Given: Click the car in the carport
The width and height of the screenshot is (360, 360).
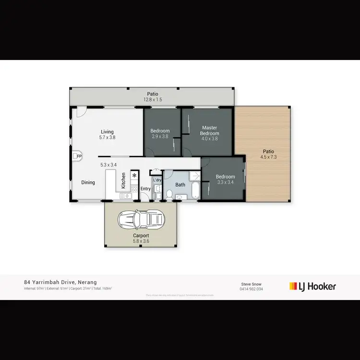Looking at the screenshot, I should pyautogui.click(x=141, y=220).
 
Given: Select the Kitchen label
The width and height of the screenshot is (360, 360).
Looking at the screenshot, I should pyautogui.click(x=123, y=180).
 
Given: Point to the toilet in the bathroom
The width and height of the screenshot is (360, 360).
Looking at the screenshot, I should pyautogui.click(x=169, y=194).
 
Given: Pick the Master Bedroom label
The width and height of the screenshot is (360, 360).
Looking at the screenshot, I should pyautogui.click(x=209, y=131).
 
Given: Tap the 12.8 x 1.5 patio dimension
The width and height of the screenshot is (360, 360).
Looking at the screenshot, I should pyautogui.click(x=153, y=100).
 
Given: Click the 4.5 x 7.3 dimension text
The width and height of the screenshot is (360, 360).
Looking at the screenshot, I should pyautogui.click(x=269, y=156).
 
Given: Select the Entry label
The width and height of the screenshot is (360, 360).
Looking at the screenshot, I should pyautogui.click(x=145, y=189).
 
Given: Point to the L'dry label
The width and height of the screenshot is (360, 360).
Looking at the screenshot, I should pyautogui.click(x=157, y=180).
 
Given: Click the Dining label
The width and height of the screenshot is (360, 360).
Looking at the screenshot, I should pyautogui.click(x=88, y=182).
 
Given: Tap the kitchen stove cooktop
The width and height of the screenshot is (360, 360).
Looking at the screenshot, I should pyautogui.click(x=134, y=189).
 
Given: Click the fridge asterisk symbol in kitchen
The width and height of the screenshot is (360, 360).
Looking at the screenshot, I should pyautogui.click(x=134, y=175).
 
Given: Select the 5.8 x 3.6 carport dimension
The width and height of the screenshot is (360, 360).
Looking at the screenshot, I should pyautogui.click(x=141, y=242).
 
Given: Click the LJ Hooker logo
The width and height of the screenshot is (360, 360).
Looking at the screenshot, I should pyautogui.click(x=312, y=286).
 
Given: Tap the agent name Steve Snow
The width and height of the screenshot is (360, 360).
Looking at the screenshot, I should pyautogui.click(x=251, y=284).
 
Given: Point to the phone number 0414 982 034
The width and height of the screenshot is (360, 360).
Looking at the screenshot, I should pyautogui.click(x=251, y=289).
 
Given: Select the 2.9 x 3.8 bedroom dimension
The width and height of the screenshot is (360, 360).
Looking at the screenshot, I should pyautogui.click(x=160, y=137).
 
